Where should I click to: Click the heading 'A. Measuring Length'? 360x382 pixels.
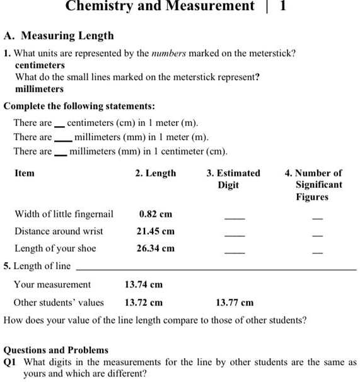pyautogui.click(x=59, y=35)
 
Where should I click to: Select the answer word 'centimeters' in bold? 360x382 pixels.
pyautogui.click(x=40, y=65)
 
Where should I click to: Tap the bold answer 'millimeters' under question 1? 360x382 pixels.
pyautogui.click(x=39, y=89)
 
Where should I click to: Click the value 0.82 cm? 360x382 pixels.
pyautogui.click(x=156, y=214)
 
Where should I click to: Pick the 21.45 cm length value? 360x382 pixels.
pyautogui.click(x=156, y=231)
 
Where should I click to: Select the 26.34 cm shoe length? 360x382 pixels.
pyautogui.click(x=156, y=248)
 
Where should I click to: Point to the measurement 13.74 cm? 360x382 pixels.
pyautogui.click(x=144, y=284)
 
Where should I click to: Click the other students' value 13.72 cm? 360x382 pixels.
pyautogui.click(x=144, y=302)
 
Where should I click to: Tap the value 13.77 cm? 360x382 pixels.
pyautogui.click(x=235, y=303)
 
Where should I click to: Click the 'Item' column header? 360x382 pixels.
pyautogui.click(x=25, y=173)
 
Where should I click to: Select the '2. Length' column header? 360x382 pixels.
pyautogui.click(x=156, y=173)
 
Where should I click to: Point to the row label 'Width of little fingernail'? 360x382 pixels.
pyautogui.click(x=64, y=214)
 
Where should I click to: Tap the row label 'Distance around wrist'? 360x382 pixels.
pyautogui.click(x=59, y=231)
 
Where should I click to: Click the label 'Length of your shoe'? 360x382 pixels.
pyautogui.click(x=55, y=248)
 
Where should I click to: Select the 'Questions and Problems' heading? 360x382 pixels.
pyautogui.click(x=56, y=349)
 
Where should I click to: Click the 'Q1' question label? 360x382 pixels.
pyautogui.click(x=10, y=362)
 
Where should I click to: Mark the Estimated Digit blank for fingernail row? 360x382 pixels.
pyautogui.click(x=235, y=218)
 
